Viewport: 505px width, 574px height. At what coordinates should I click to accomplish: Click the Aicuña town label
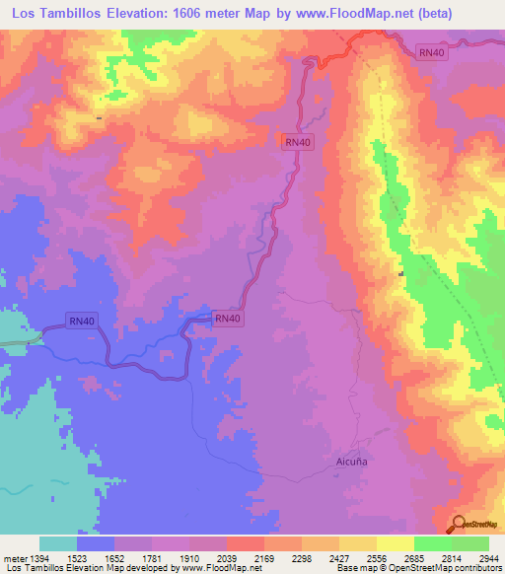[x=342, y=461]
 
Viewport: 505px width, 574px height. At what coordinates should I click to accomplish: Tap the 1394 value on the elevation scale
[x=39, y=557]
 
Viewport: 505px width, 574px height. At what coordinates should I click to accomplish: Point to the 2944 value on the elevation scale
[x=489, y=557]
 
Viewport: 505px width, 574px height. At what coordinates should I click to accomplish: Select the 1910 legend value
[x=190, y=557]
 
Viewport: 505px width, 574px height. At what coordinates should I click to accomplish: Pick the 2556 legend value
[x=377, y=557]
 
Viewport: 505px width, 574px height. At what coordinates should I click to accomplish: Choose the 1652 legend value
[x=115, y=557]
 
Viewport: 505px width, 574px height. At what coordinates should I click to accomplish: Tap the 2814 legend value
[x=452, y=557]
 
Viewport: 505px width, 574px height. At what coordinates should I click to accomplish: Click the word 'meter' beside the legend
[x=15, y=557]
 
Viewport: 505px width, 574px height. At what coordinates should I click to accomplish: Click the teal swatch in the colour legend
[x=58, y=543]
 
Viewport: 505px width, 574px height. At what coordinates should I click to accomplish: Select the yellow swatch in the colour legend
[x=396, y=543]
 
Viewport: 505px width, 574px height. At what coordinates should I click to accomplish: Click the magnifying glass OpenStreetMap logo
[x=459, y=525]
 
